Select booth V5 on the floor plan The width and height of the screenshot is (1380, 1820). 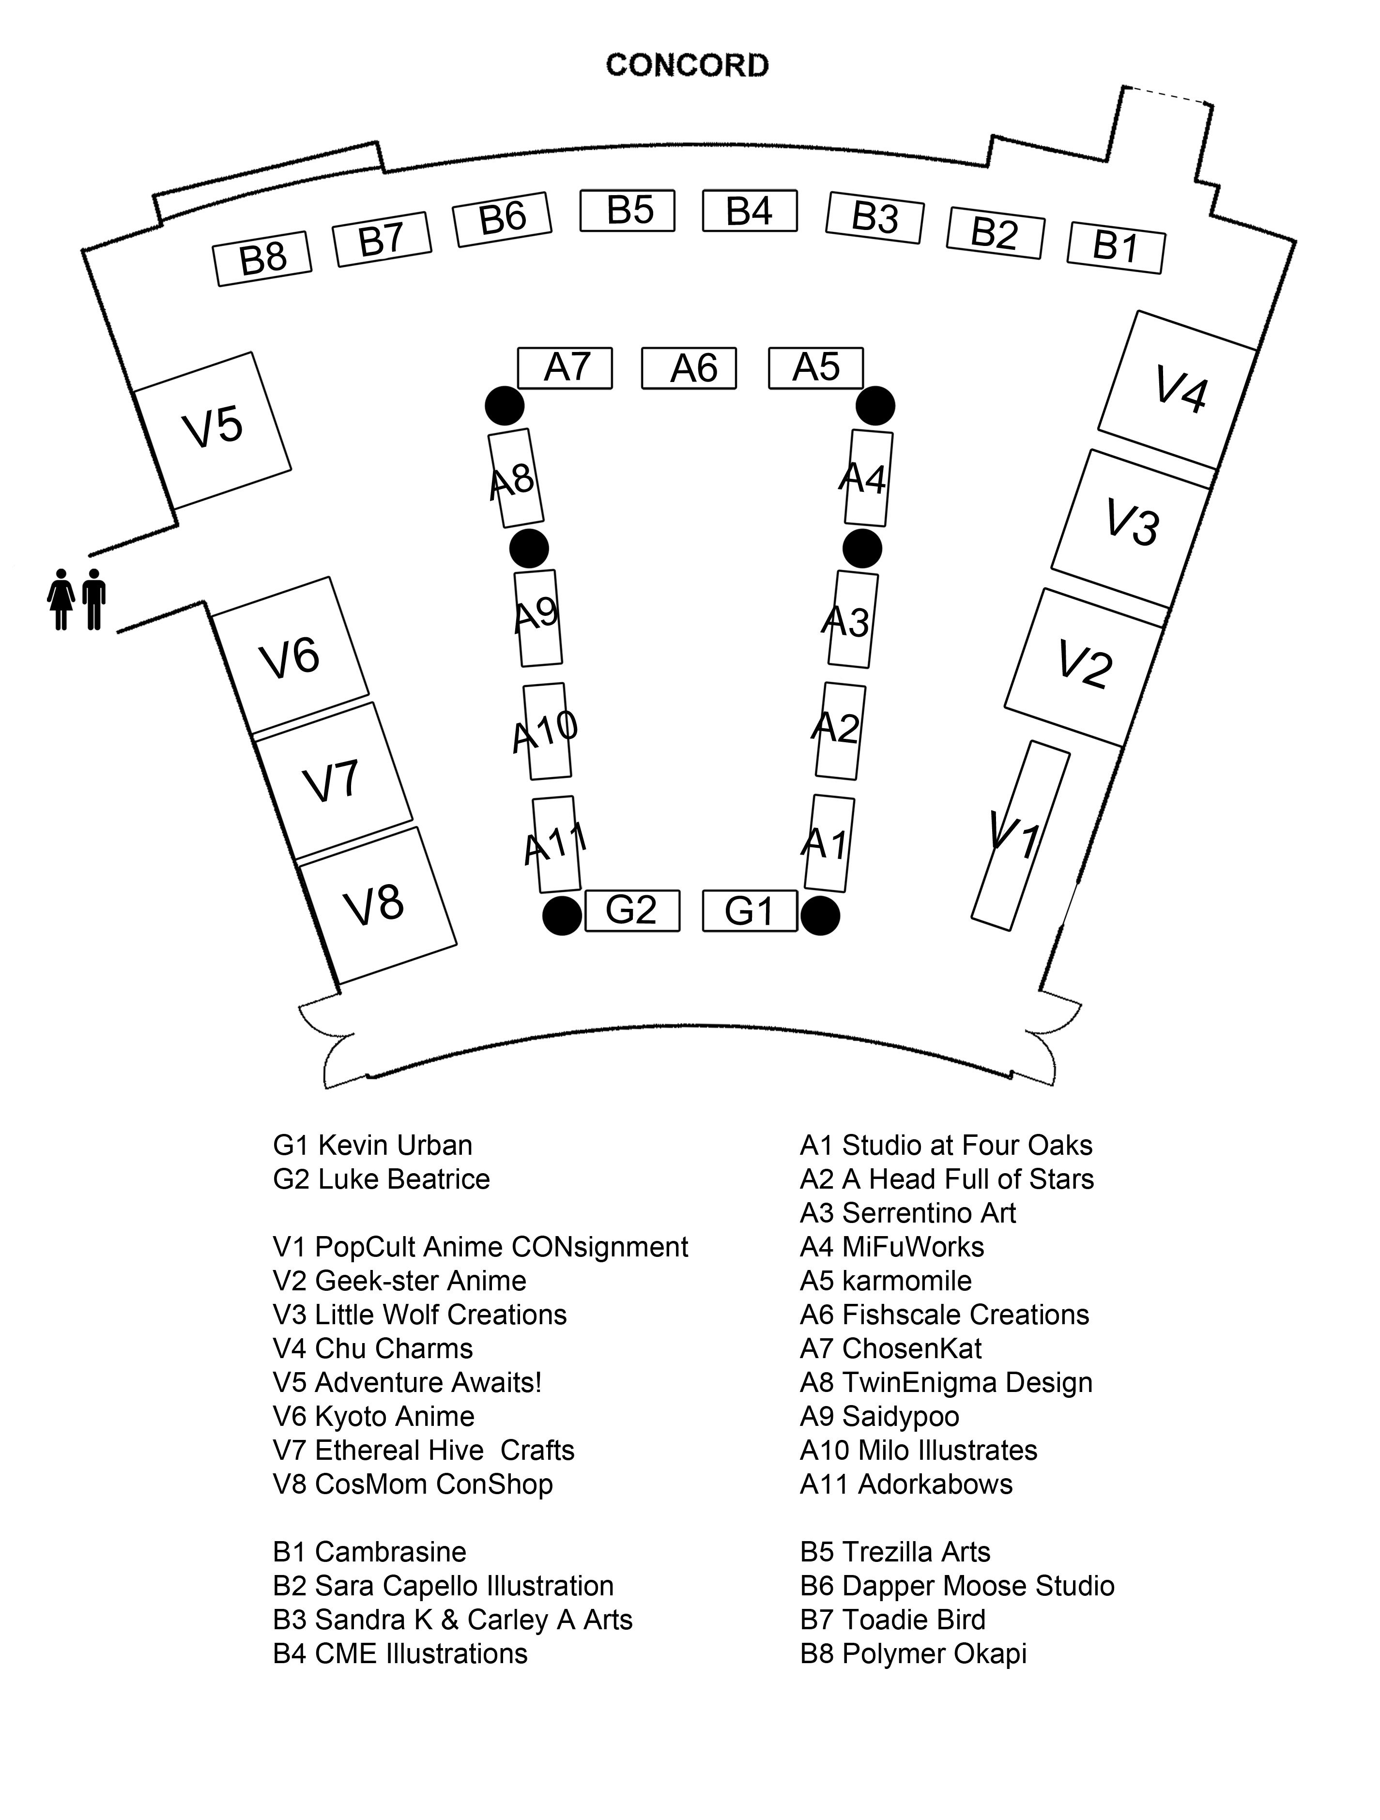tap(212, 429)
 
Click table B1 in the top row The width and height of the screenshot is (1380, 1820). tap(1115, 247)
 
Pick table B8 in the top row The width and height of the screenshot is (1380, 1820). tap(261, 259)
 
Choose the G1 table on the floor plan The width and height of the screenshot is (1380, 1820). tap(749, 911)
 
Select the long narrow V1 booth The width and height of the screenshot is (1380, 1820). tap(1020, 835)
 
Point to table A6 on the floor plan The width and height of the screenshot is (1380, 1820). tap(689, 368)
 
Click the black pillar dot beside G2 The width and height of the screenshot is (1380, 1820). tap(562, 916)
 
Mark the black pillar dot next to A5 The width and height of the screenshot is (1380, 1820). tap(875, 406)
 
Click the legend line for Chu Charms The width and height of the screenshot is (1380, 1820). tap(373, 1348)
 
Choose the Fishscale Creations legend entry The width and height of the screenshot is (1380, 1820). tap(944, 1315)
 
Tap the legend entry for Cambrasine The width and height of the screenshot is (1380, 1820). tap(369, 1552)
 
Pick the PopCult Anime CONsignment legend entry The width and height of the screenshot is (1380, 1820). tap(480, 1247)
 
